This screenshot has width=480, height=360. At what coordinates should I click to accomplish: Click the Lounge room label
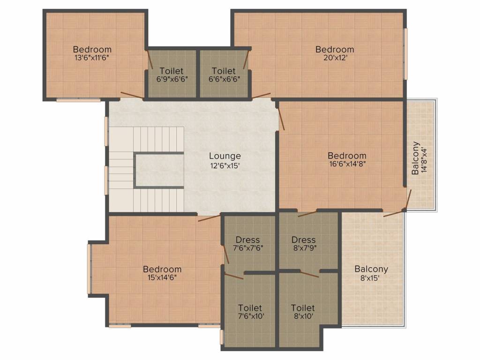(225, 156)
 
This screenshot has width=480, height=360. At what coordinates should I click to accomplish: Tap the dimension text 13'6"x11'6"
(92, 58)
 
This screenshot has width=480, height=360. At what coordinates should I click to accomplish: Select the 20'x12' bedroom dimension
(335, 58)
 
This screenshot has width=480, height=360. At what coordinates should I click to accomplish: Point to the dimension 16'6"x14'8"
(347, 165)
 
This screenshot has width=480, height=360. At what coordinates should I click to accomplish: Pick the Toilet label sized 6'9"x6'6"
(172, 79)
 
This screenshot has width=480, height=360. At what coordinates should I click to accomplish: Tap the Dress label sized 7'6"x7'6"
(247, 240)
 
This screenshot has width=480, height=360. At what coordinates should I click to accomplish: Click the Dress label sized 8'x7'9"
(303, 240)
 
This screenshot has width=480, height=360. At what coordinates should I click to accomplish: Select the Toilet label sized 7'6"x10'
(250, 308)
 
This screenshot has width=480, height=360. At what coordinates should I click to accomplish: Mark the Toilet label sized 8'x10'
(303, 308)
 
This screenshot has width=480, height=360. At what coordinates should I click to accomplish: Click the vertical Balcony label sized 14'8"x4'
(415, 158)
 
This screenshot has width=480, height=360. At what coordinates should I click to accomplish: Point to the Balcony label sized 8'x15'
(371, 269)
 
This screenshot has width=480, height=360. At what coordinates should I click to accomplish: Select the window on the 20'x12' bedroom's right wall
(405, 53)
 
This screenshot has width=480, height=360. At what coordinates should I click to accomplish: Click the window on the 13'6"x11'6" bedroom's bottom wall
(78, 100)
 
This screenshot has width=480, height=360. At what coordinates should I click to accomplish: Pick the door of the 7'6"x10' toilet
(234, 277)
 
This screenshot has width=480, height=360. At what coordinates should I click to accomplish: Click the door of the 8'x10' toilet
(309, 274)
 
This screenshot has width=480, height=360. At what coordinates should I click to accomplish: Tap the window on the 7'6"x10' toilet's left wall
(222, 337)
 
